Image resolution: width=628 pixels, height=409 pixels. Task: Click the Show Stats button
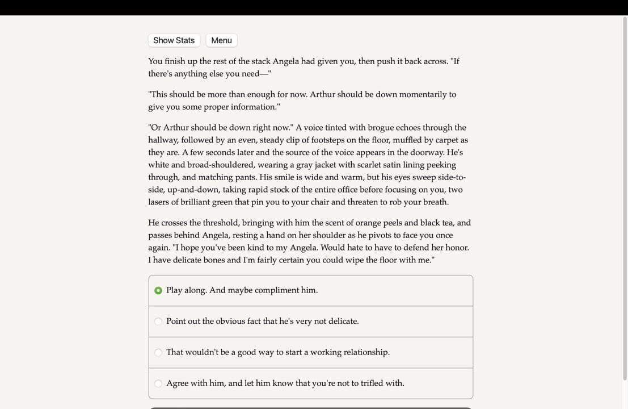(174, 40)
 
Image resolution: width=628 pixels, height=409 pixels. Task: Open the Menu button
(221, 40)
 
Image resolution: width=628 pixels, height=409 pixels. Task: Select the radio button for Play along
(158, 290)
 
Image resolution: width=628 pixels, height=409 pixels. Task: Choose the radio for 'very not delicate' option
(158, 322)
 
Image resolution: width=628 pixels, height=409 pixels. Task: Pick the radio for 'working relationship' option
(158, 352)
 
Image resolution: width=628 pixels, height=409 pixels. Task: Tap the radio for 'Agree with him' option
(158, 383)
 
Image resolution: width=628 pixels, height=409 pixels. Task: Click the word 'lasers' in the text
(162, 202)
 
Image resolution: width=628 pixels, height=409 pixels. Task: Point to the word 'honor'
(457, 248)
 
